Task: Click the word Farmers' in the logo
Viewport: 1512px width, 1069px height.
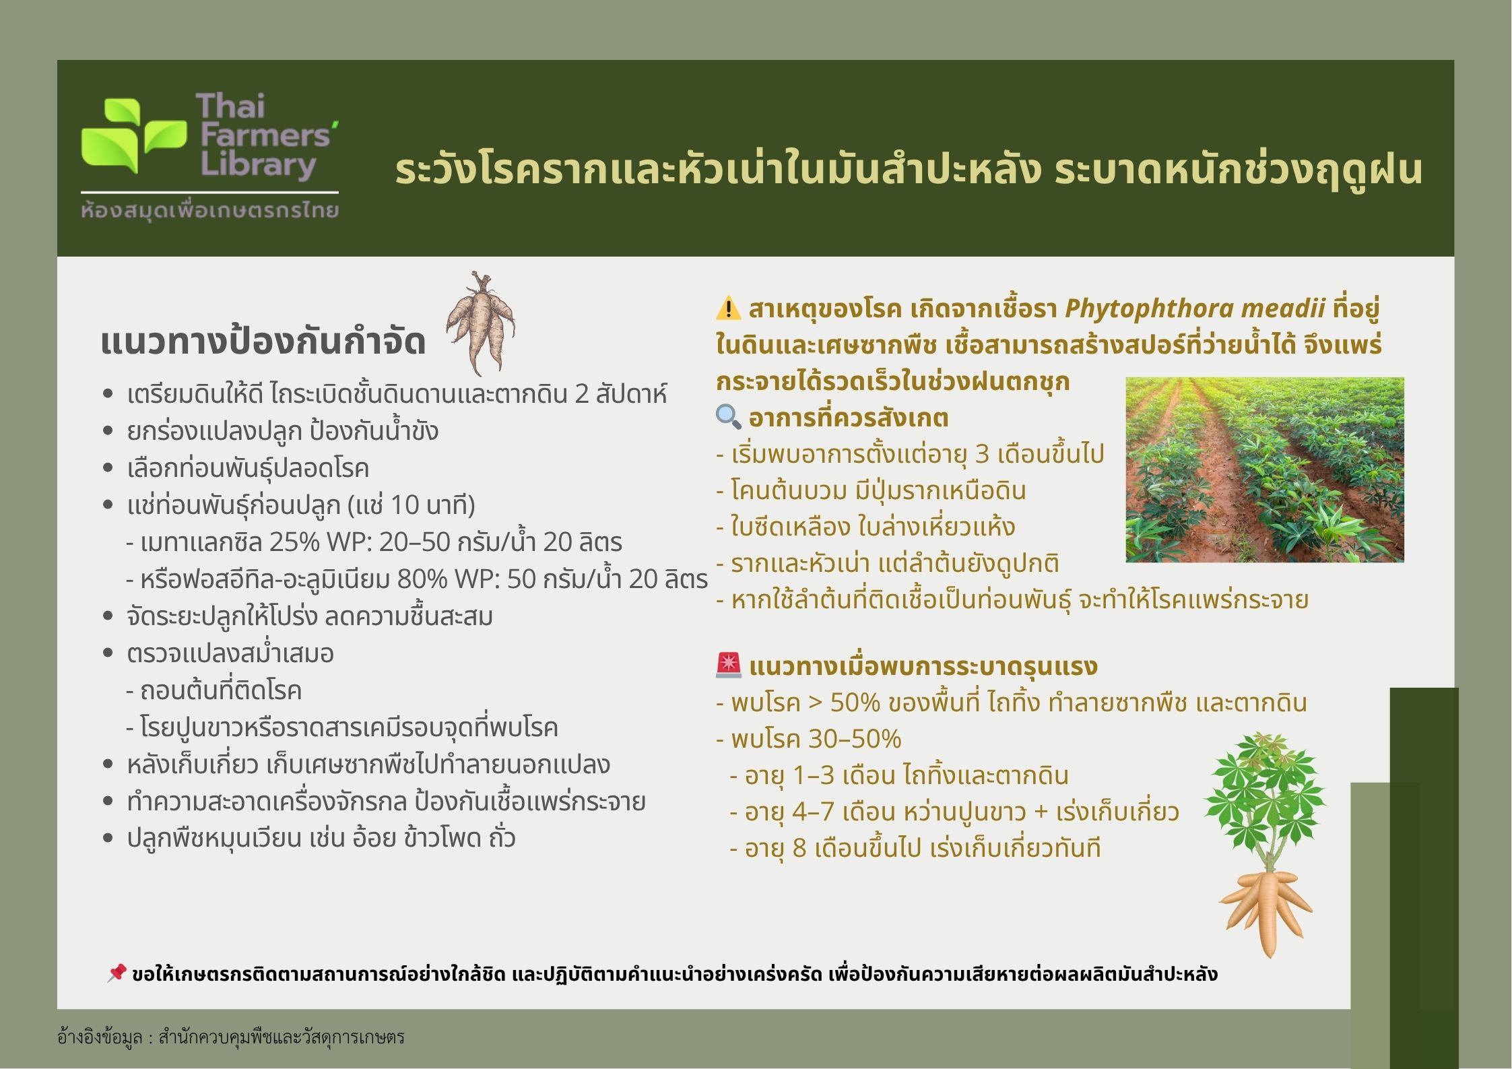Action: point(266,135)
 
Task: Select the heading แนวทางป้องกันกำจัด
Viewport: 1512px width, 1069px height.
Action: point(263,341)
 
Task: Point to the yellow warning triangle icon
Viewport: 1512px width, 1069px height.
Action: point(728,309)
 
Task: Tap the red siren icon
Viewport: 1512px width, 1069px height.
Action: point(728,666)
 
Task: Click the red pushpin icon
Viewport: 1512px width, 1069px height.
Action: point(117,973)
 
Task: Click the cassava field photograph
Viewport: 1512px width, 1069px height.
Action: point(1265,469)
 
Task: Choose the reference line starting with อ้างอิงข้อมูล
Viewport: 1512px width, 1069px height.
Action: point(231,1037)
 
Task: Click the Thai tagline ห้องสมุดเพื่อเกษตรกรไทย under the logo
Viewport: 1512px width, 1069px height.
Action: point(209,211)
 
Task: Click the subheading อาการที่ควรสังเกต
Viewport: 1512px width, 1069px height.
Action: point(849,418)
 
